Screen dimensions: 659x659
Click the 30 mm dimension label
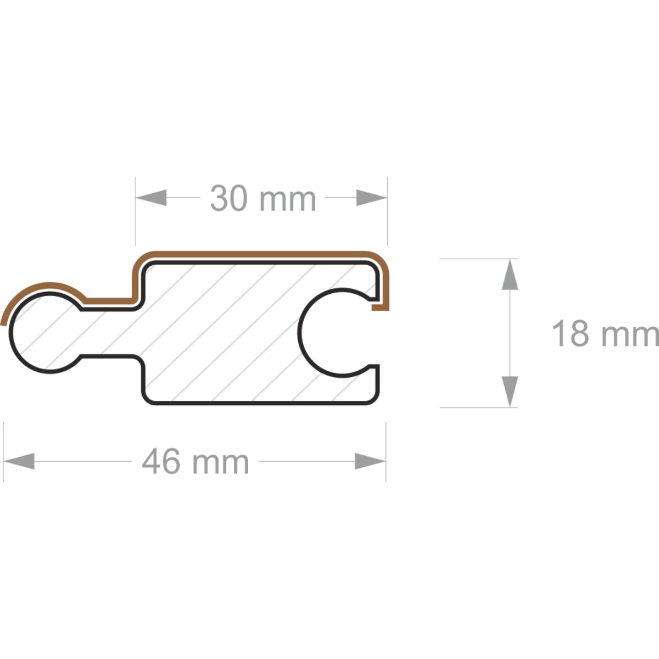263,199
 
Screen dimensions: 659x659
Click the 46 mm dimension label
196,462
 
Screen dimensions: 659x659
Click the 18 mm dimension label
605,334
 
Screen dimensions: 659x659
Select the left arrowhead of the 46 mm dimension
19,461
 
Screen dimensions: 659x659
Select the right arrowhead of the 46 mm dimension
370,461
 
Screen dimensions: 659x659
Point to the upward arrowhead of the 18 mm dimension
510,275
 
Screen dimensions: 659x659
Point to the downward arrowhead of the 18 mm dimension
510,391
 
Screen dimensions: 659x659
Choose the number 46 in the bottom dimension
161,462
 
